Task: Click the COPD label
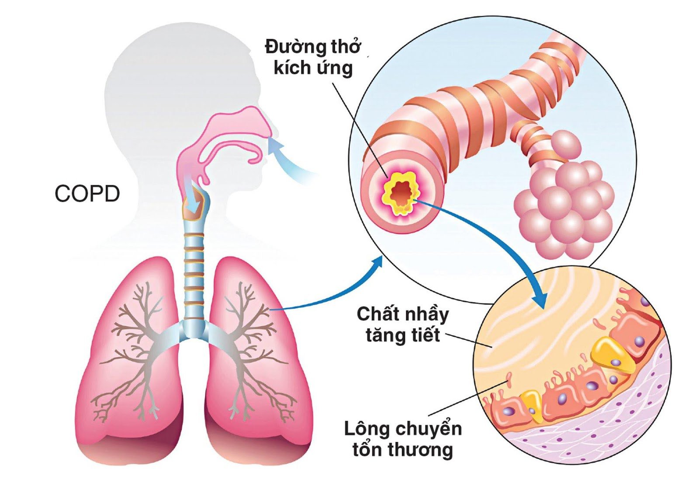[x=87, y=194]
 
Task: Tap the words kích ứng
[x=313, y=68]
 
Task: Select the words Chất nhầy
[x=402, y=314]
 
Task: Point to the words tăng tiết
[x=402, y=335]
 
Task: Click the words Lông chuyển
[x=403, y=429]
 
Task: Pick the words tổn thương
[x=403, y=449]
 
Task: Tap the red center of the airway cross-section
[x=398, y=192]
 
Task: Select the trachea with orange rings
[x=194, y=271]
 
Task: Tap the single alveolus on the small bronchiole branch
[x=566, y=143]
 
